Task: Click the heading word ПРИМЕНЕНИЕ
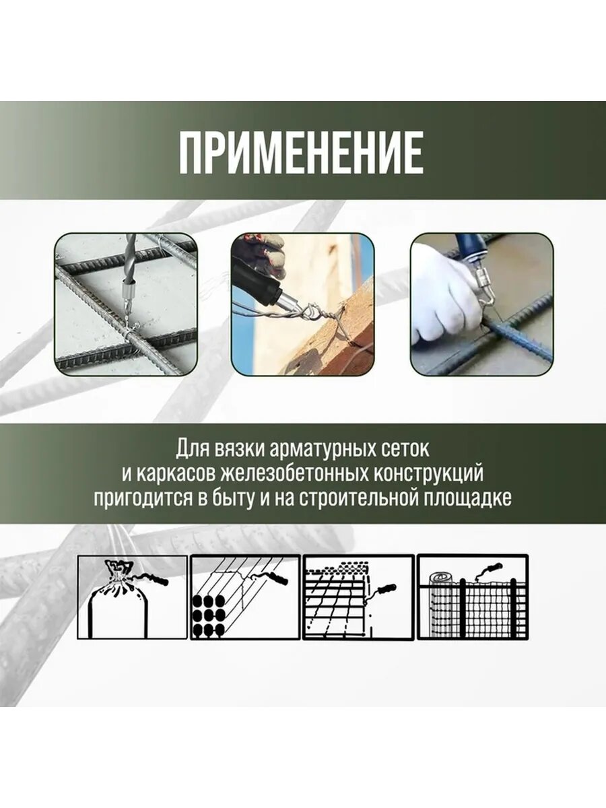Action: pyautogui.click(x=301, y=151)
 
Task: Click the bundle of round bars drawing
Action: pyautogui.click(x=209, y=617)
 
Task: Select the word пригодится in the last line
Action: pyautogui.click(x=134, y=499)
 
